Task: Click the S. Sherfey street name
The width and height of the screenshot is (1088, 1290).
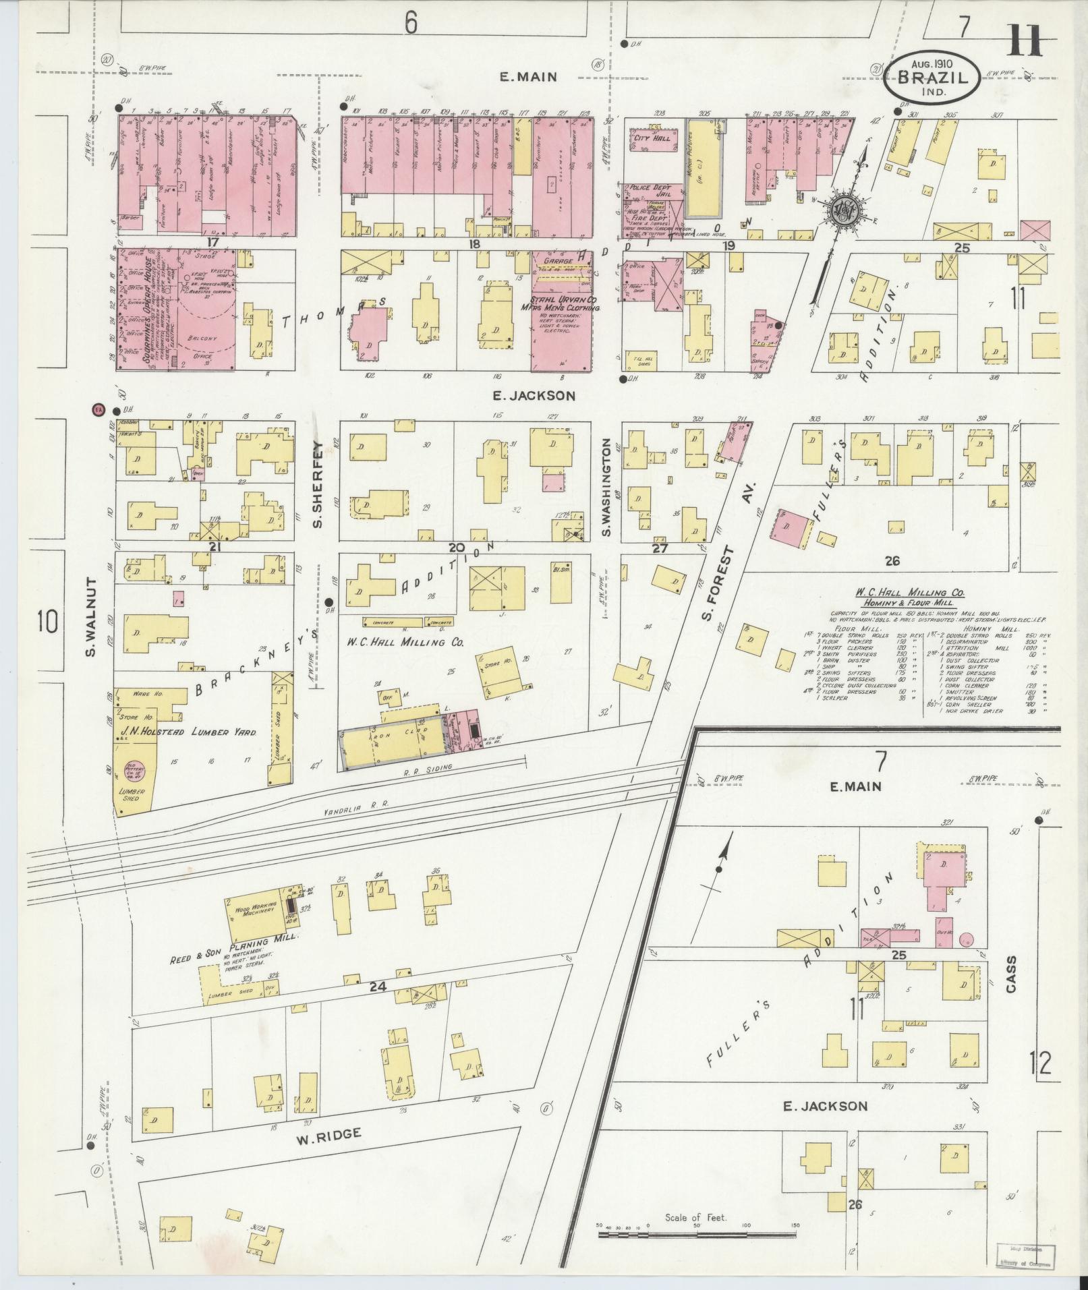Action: (317, 483)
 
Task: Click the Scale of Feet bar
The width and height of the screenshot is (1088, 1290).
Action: (697, 1233)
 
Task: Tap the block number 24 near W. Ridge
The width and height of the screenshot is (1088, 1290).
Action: (377, 987)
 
